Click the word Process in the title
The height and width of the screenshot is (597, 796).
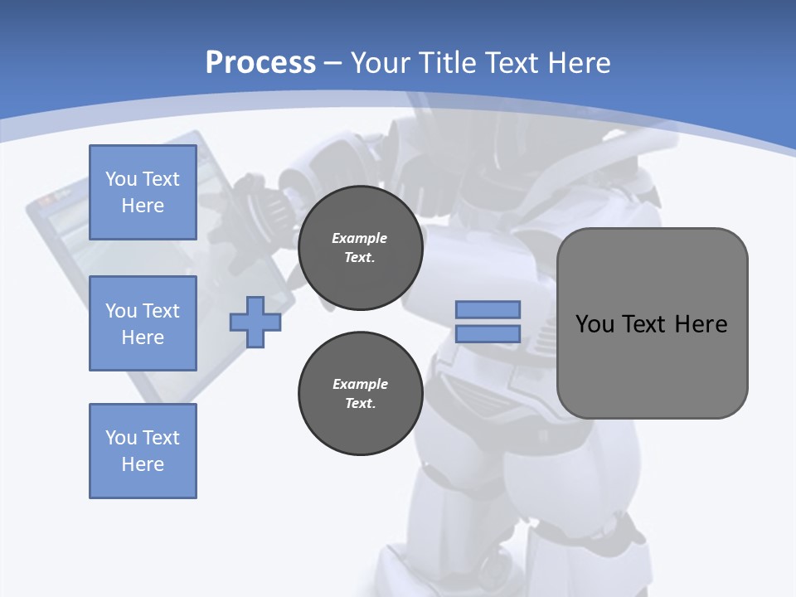(x=260, y=63)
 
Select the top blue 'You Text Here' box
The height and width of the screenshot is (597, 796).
(x=143, y=192)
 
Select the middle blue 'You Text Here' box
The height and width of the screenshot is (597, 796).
(x=143, y=323)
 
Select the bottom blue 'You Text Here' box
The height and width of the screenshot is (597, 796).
(x=143, y=451)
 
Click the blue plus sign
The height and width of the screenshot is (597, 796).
(x=255, y=322)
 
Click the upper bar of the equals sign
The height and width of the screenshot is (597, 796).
(x=488, y=309)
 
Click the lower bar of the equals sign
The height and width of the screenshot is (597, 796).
(x=488, y=334)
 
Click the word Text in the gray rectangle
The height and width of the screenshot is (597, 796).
(x=646, y=324)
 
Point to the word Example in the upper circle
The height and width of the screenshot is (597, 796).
(x=360, y=238)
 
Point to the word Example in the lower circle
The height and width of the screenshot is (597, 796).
(x=360, y=384)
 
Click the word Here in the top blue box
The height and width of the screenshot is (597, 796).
(x=143, y=206)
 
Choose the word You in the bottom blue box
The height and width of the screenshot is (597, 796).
(x=121, y=438)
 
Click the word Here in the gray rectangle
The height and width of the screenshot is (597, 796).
(x=701, y=324)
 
